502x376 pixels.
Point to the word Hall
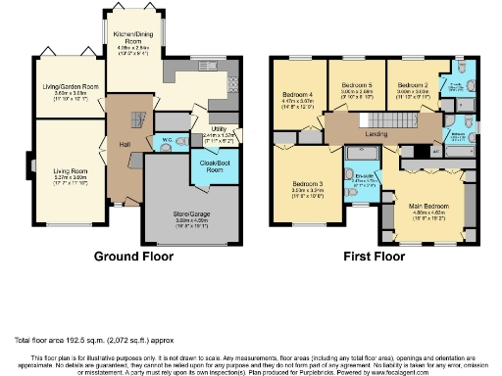[x=125, y=145]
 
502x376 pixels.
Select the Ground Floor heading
[x=132, y=257]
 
